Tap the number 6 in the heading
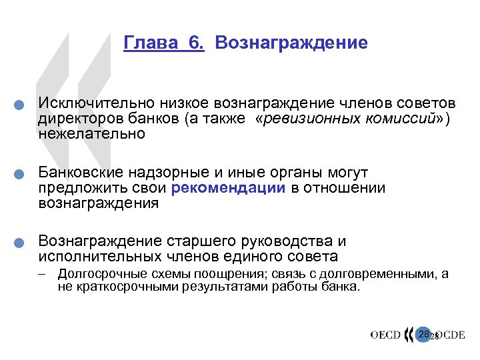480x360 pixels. pyautogui.click(x=195, y=43)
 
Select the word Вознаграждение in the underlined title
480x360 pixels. pyautogui.click(x=291, y=43)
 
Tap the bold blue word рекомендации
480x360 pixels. pyautogui.click(x=228, y=188)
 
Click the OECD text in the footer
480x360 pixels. pyautogui.click(x=386, y=335)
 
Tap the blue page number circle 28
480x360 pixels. pyautogui.click(x=423, y=333)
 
